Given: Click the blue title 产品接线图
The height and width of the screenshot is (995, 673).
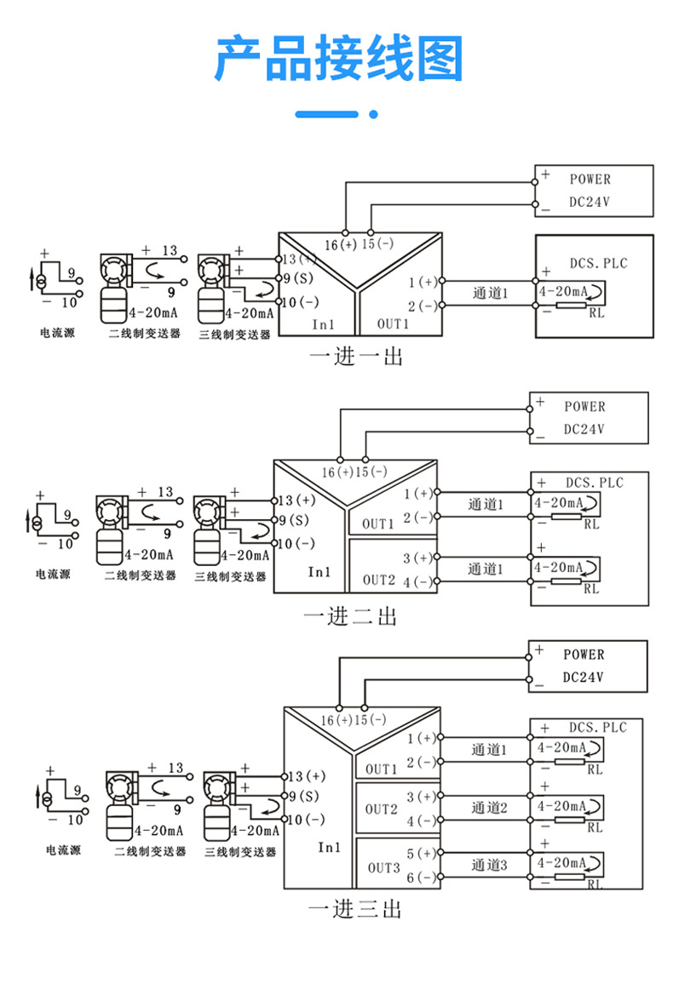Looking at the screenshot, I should tap(337, 60).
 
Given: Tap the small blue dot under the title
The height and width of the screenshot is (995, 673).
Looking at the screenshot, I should tap(373, 114).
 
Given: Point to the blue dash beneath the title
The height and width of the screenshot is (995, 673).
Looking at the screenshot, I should tap(326, 114).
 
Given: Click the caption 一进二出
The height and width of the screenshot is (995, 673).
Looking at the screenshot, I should tap(351, 615).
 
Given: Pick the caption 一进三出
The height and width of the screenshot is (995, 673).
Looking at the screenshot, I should tap(354, 908).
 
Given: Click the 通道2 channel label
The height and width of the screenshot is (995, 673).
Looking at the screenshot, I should tap(489, 808).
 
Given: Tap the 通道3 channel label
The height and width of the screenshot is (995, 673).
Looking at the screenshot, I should tap(489, 866).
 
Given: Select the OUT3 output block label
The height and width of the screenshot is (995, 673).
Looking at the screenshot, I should tap(383, 868).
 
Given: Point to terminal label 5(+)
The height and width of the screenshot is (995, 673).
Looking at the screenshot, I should tap(421, 853).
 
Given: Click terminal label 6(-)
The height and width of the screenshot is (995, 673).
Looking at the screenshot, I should tap(421, 877).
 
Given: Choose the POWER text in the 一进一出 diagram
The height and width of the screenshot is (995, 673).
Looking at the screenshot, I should tap(590, 180).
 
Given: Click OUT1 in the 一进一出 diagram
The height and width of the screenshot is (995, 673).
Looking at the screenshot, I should tap(394, 324).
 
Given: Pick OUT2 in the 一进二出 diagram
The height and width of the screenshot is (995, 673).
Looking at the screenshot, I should tap(379, 580).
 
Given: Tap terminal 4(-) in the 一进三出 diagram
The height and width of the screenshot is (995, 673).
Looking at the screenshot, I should tap(421, 821).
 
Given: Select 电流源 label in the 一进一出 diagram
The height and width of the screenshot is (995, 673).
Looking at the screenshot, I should tap(57, 333).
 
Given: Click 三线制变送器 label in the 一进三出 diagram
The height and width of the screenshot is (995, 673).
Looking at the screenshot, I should tap(240, 851).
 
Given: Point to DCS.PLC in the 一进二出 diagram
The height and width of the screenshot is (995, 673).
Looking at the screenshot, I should tap(595, 483).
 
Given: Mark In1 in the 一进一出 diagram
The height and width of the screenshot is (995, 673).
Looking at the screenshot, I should tap(323, 324).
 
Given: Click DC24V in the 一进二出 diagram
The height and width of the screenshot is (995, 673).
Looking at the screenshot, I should tap(584, 430).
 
